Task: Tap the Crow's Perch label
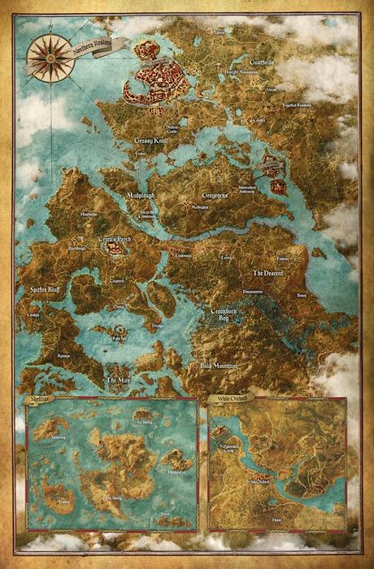click(115, 241)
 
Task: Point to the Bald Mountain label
click(219, 367)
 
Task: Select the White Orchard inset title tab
click(230, 399)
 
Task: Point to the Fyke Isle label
click(120, 336)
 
